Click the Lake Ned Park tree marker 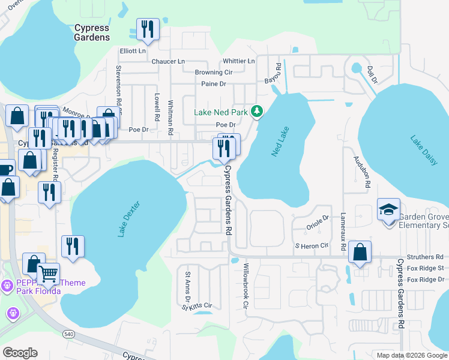click(x=257, y=111)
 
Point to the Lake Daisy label click(x=424, y=151)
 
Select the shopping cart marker click(x=49, y=274)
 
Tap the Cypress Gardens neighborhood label click(x=92, y=32)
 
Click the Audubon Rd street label click(x=361, y=172)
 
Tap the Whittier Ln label click(x=238, y=61)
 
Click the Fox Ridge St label click(x=424, y=268)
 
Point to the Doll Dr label click(x=372, y=75)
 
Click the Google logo click(x=20, y=352)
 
